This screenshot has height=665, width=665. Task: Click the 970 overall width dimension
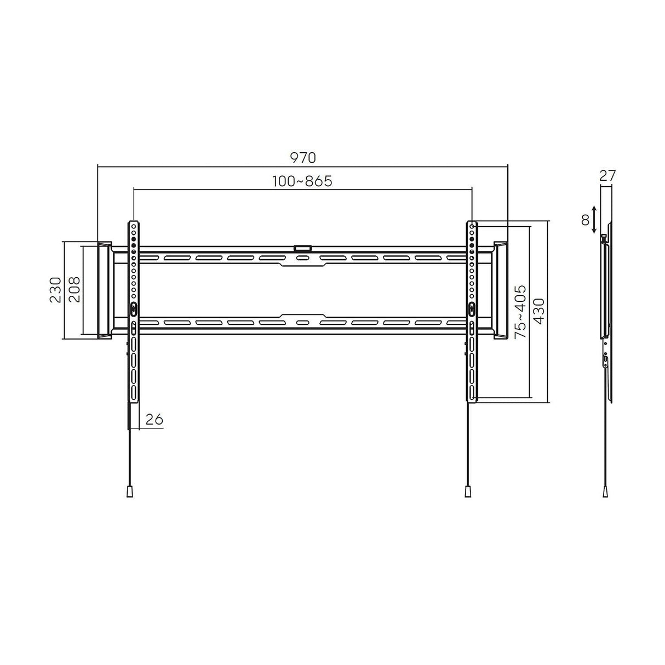pos(303,158)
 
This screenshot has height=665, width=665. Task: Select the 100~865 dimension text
pos(302,181)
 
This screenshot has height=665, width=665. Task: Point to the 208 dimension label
pos(74,290)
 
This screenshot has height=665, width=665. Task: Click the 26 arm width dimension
pos(154,420)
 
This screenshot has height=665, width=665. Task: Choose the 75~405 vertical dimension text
pos(520,311)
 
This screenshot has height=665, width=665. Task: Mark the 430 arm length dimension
pos(539,311)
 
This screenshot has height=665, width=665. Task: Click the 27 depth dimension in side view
pos(607,176)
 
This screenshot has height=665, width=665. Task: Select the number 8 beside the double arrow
pos(585,220)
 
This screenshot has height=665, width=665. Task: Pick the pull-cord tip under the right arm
pos(468,491)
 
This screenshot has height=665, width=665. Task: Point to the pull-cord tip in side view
pos(605,491)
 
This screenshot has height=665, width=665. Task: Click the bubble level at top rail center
pos(302,248)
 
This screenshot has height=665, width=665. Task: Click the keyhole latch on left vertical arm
pos(134,308)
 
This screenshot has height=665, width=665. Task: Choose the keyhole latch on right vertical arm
pos(472,308)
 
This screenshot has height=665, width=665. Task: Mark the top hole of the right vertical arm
pos(472,226)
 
